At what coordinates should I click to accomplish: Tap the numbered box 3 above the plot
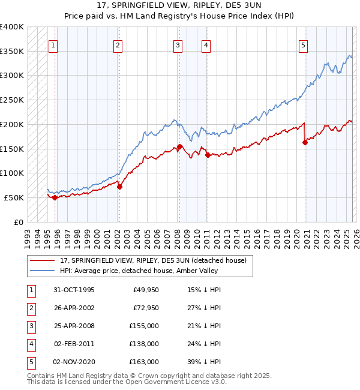click(178, 45)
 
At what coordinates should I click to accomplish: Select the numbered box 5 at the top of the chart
click(303, 45)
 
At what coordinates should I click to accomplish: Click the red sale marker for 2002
click(119, 187)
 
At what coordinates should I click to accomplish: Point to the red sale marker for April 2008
click(179, 146)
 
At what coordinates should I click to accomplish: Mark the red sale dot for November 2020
click(305, 143)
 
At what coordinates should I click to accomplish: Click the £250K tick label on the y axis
click(12, 100)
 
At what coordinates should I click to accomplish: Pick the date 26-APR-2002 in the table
click(74, 308)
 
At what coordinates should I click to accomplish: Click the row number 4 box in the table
click(29, 344)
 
